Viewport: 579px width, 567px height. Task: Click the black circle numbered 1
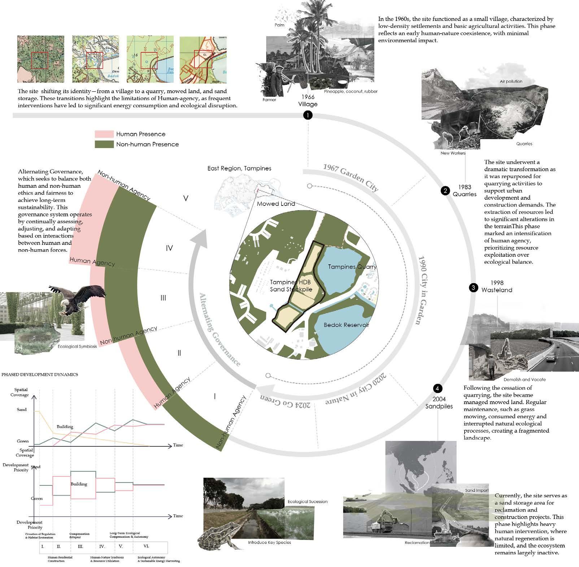(308, 115)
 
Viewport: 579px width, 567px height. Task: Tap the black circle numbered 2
(445, 191)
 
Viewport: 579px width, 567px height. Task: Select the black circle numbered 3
(473, 287)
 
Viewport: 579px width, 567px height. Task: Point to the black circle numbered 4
(437, 389)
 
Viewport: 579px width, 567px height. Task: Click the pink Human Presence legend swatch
(104, 134)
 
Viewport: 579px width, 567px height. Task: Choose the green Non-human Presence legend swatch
(104, 144)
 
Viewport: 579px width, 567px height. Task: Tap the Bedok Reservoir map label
(346, 325)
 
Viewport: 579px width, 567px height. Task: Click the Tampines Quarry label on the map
(352, 267)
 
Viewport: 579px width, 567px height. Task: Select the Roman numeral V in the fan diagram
(186, 198)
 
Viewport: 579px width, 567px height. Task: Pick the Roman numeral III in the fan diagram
(163, 298)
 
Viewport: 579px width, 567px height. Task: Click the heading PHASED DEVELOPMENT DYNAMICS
(40, 375)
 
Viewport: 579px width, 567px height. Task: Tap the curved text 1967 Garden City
(351, 177)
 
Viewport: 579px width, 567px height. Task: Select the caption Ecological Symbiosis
(77, 346)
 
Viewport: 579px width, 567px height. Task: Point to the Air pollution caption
(511, 82)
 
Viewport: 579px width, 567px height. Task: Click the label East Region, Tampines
(239, 168)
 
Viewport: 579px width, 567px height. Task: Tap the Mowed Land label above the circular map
(276, 204)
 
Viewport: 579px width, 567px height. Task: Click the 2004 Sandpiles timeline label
(439, 403)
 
